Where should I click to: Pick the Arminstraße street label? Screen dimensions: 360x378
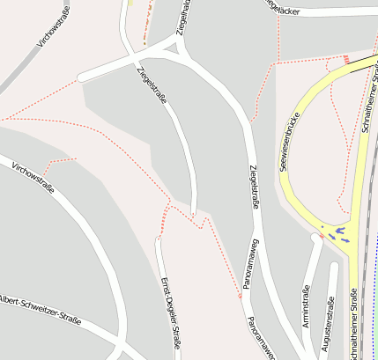pyautogui.click(x=306, y=306)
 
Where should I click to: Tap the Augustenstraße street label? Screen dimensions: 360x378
pyautogui.click(x=330, y=322)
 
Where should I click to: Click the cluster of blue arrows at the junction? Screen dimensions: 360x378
pyautogui.click(x=337, y=233)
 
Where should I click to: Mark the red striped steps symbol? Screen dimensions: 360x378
pyautogui.click(x=347, y=60)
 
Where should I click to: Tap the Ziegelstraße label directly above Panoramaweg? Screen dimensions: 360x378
pyautogui.click(x=254, y=187)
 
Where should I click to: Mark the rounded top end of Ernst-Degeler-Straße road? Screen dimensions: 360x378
pyautogui.click(x=159, y=239)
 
